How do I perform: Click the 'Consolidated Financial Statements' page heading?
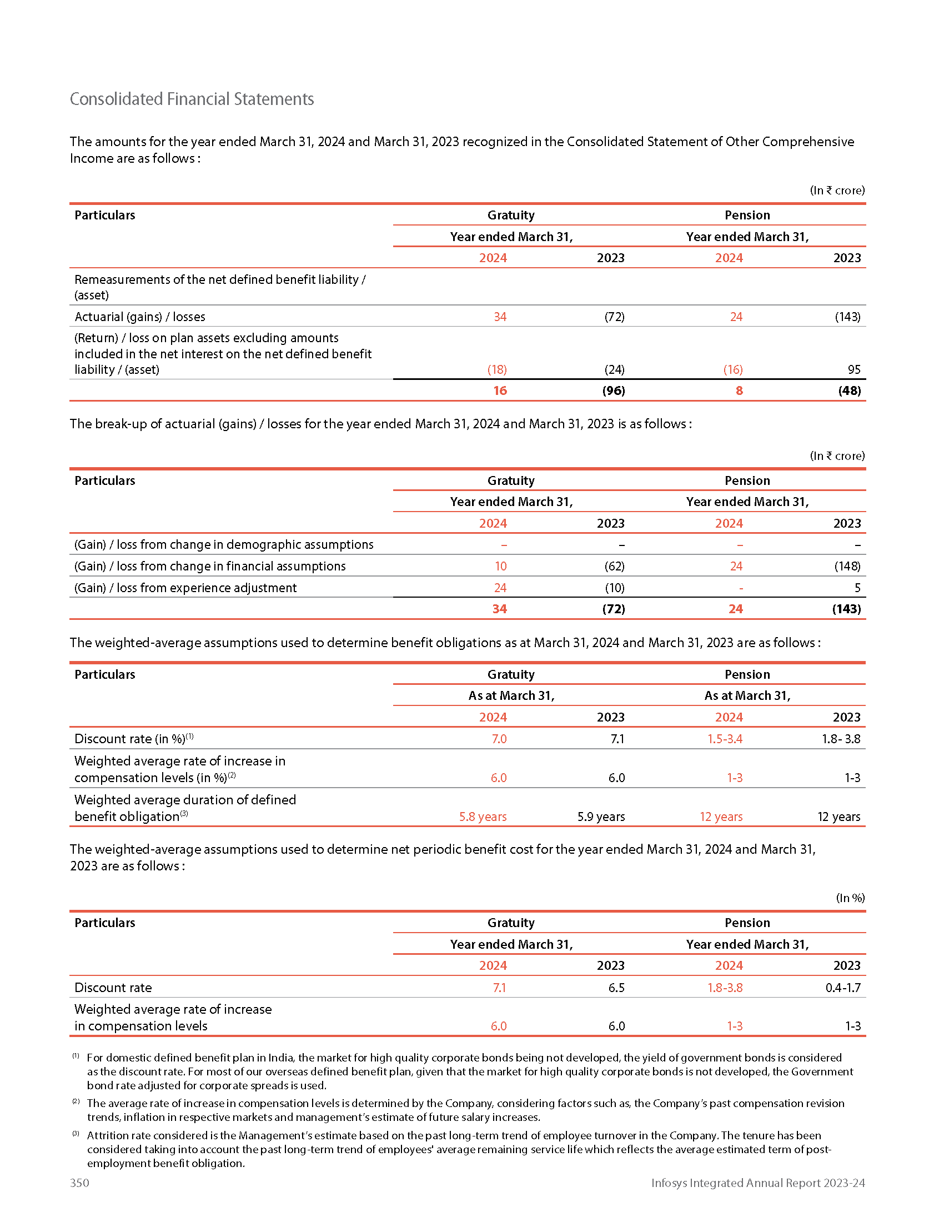[191, 99]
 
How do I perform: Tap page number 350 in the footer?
[79, 1182]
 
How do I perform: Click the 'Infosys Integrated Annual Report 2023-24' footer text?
[758, 1182]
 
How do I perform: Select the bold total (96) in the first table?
[614, 390]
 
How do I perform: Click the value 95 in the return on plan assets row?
[854, 369]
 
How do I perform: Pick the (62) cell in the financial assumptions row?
[614, 566]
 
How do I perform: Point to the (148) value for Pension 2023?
[847, 566]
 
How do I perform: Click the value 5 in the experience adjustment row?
[857, 588]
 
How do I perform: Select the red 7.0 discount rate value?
[499, 739]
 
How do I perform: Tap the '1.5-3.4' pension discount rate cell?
[725, 739]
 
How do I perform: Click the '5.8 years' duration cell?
[483, 817]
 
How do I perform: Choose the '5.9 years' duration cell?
[601, 817]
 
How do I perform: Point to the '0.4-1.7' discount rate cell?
[843, 988]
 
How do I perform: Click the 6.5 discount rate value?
[616, 988]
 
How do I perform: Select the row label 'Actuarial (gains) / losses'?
[140, 317]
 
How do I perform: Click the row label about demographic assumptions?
[224, 544]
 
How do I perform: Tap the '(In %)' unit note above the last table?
[850, 898]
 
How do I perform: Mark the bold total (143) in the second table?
[846, 609]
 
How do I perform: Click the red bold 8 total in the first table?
[739, 390]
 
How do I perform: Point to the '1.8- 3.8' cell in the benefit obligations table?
[841, 739]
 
